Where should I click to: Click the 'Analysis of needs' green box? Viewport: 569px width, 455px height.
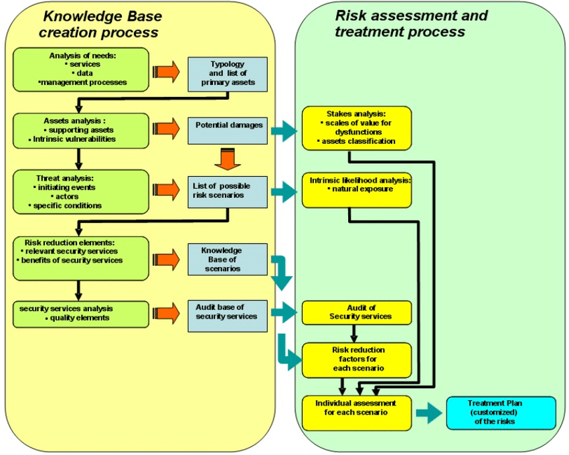pyautogui.click(x=80, y=70)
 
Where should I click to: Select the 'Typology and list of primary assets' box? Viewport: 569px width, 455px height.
pyautogui.click(x=228, y=74)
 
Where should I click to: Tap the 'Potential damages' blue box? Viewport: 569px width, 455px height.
pyautogui.click(x=228, y=129)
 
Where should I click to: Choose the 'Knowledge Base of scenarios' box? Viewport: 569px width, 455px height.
pyautogui.click(x=228, y=259)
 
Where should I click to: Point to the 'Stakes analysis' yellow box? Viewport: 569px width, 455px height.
pyautogui.click(x=356, y=128)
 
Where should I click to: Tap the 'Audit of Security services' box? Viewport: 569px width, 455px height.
pyautogui.click(x=356, y=312)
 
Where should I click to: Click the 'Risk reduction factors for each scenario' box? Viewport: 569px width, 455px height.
pyautogui.click(x=356, y=359)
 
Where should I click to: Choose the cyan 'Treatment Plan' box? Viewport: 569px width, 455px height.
pyautogui.click(x=501, y=413)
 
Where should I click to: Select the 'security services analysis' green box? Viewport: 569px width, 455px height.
pyautogui.click(x=80, y=314)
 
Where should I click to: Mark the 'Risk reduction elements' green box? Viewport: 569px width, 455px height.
pyautogui.click(x=80, y=257)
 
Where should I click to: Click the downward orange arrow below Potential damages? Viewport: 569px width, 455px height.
pyautogui.click(x=228, y=159)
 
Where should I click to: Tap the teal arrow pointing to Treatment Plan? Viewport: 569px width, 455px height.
pyautogui.click(x=428, y=413)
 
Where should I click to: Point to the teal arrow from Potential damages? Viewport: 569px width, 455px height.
pyautogui.click(x=284, y=132)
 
